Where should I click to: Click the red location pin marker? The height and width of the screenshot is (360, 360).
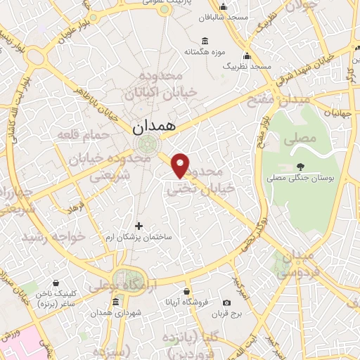click(x=181, y=165)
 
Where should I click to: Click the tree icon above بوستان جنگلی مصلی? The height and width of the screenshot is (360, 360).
click(x=300, y=167)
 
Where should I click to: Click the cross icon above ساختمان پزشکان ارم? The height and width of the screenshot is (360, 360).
click(x=139, y=226)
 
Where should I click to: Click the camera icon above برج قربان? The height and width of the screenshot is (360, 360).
click(x=226, y=302)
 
